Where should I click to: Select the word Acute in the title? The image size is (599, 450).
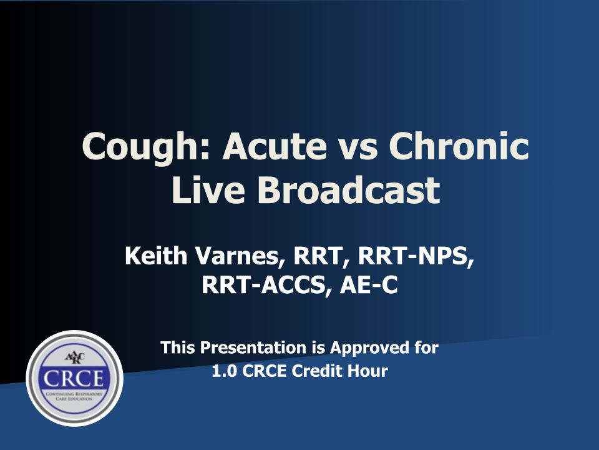(275, 146)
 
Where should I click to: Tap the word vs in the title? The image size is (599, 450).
(358, 149)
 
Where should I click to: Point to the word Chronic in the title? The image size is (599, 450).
(459, 146)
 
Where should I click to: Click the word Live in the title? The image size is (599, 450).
(208, 190)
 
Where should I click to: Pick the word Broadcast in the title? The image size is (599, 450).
(349, 189)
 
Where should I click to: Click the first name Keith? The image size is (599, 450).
(156, 255)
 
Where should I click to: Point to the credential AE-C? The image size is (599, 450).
(369, 285)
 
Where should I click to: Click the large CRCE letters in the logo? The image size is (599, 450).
(74, 379)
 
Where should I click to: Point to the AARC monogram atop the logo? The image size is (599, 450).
(74, 357)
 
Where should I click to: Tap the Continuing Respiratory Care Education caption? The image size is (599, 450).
(74, 396)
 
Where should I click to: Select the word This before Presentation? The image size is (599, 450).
(178, 347)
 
